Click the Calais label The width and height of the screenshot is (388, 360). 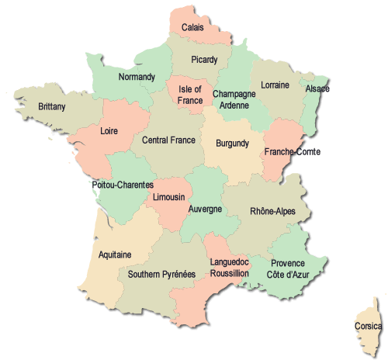[193, 28]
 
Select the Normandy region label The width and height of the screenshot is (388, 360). [137, 78]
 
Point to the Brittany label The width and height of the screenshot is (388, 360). [52, 106]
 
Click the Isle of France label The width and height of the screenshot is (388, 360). [190, 95]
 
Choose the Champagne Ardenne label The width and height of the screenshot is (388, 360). [234, 99]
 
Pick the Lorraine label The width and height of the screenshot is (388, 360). [275, 85]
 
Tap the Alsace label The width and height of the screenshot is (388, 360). [317, 89]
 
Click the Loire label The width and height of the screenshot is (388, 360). [109, 132]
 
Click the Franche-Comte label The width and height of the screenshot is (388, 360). [292, 152]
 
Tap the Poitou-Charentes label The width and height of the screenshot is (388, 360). [123, 185]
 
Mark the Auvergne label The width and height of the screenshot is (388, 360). [206, 209]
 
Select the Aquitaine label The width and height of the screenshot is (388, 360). [115, 254]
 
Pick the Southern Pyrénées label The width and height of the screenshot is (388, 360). [161, 274]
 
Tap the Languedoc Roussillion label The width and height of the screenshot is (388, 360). [230, 268]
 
